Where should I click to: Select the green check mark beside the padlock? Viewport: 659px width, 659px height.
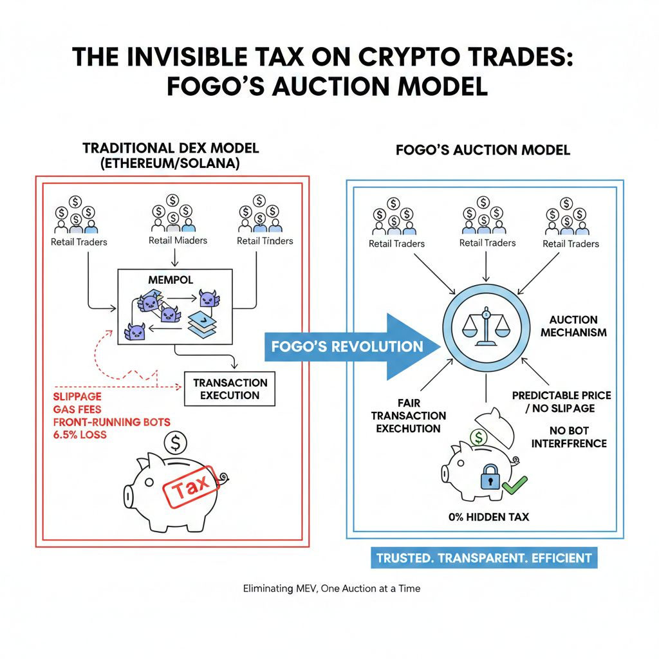[515, 484]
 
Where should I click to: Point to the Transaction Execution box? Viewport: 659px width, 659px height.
[229, 389]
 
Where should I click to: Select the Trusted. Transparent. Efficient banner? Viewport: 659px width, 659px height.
[484, 558]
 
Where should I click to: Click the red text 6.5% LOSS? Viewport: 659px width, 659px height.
[80, 435]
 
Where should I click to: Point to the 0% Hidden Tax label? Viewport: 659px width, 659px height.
[488, 517]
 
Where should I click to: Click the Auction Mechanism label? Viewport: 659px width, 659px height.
[573, 326]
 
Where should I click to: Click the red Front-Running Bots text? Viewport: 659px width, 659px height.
[112, 422]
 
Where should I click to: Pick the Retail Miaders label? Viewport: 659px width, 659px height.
[178, 241]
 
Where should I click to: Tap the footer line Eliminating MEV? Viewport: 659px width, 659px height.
[331, 588]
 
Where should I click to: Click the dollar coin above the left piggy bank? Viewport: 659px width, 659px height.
[176, 442]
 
